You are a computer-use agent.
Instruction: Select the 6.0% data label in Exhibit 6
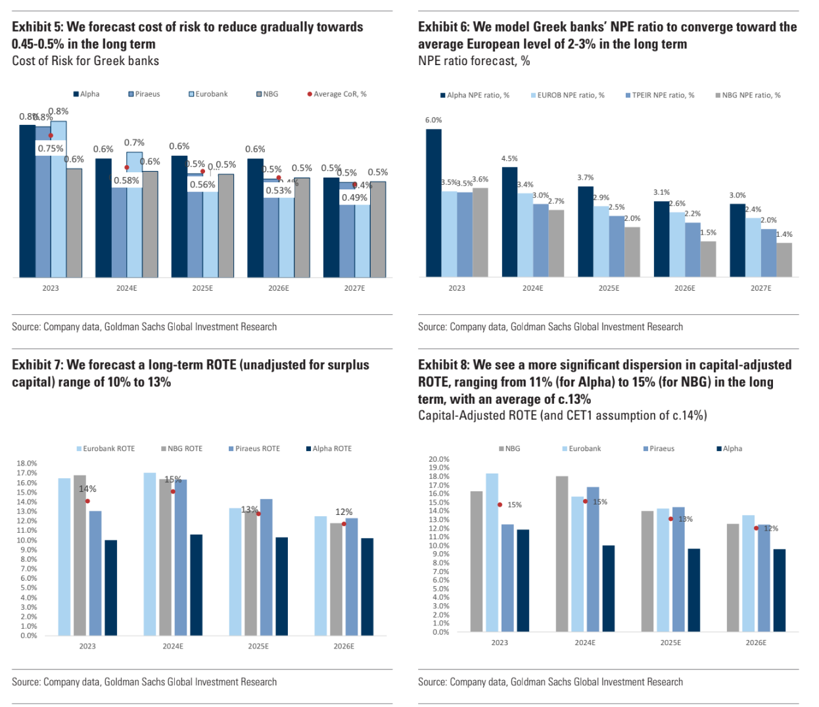[x=433, y=120]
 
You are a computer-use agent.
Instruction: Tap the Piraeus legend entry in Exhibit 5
[x=144, y=94]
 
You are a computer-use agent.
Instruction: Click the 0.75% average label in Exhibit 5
[x=51, y=149]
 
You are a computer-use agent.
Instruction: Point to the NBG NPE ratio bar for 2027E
[x=784, y=260]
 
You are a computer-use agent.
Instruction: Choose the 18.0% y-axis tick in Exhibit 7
[x=27, y=464]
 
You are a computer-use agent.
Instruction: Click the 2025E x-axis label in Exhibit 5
[x=202, y=288]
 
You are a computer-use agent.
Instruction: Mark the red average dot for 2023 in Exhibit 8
[x=500, y=505]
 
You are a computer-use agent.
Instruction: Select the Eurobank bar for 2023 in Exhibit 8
[x=492, y=552]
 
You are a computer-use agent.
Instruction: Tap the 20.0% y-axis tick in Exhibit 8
[x=439, y=459]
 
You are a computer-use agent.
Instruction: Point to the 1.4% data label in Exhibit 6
[x=784, y=234]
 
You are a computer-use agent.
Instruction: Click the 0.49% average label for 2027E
[x=354, y=198]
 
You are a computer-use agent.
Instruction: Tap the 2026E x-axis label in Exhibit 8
[x=756, y=643]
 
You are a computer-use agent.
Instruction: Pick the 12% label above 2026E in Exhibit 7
[x=344, y=512]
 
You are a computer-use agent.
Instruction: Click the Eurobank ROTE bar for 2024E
[x=150, y=554]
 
